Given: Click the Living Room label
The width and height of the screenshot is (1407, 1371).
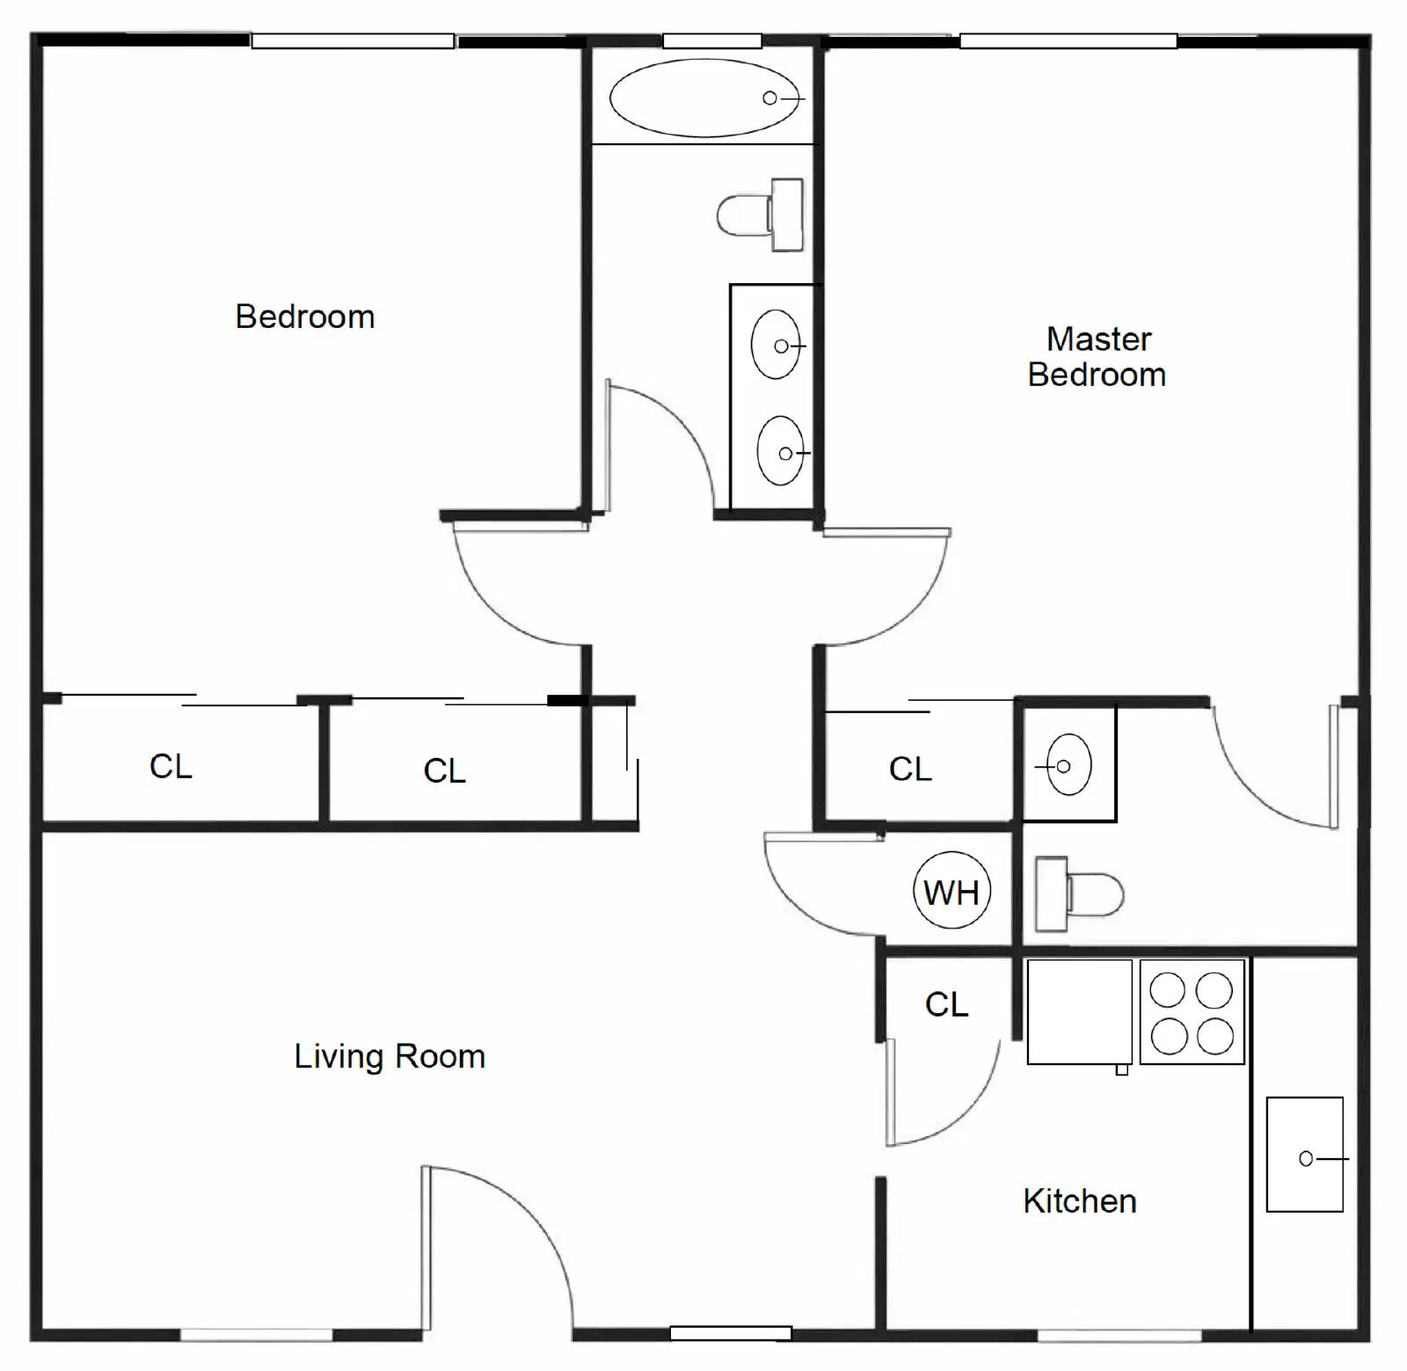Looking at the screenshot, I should [x=390, y=1056].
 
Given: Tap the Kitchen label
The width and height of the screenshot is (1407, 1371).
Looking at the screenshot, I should [x=1079, y=1201].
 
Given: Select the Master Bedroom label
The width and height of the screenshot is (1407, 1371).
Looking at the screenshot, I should [x=1097, y=357].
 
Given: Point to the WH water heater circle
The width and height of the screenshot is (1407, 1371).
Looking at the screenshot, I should [x=951, y=892].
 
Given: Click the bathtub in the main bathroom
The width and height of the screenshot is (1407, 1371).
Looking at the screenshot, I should [x=704, y=98].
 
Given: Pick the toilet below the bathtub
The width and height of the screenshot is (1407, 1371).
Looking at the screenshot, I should [x=760, y=215].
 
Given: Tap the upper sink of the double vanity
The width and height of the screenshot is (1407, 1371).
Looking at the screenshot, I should [x=776, y=345].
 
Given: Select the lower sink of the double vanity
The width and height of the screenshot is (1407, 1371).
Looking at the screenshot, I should [x=781, y=451].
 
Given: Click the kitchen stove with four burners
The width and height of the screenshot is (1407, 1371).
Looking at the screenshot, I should [x=1192, y=1012].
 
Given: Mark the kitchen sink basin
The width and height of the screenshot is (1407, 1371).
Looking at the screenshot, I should [x=1304, y=1155].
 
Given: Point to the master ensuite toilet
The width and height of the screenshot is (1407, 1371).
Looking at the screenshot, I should [x=1079, y=893].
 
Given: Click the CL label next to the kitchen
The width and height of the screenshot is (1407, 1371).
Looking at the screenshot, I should [x=946, y=1004].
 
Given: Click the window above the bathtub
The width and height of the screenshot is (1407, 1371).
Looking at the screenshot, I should [x=711, y=40].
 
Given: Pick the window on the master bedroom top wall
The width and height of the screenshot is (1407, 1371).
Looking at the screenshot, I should [x=1068, y=40].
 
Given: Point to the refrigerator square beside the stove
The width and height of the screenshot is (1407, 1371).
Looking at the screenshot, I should [x=1079, y=1012].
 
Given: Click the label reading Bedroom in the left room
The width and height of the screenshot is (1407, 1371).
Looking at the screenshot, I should [x=305, y=317].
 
